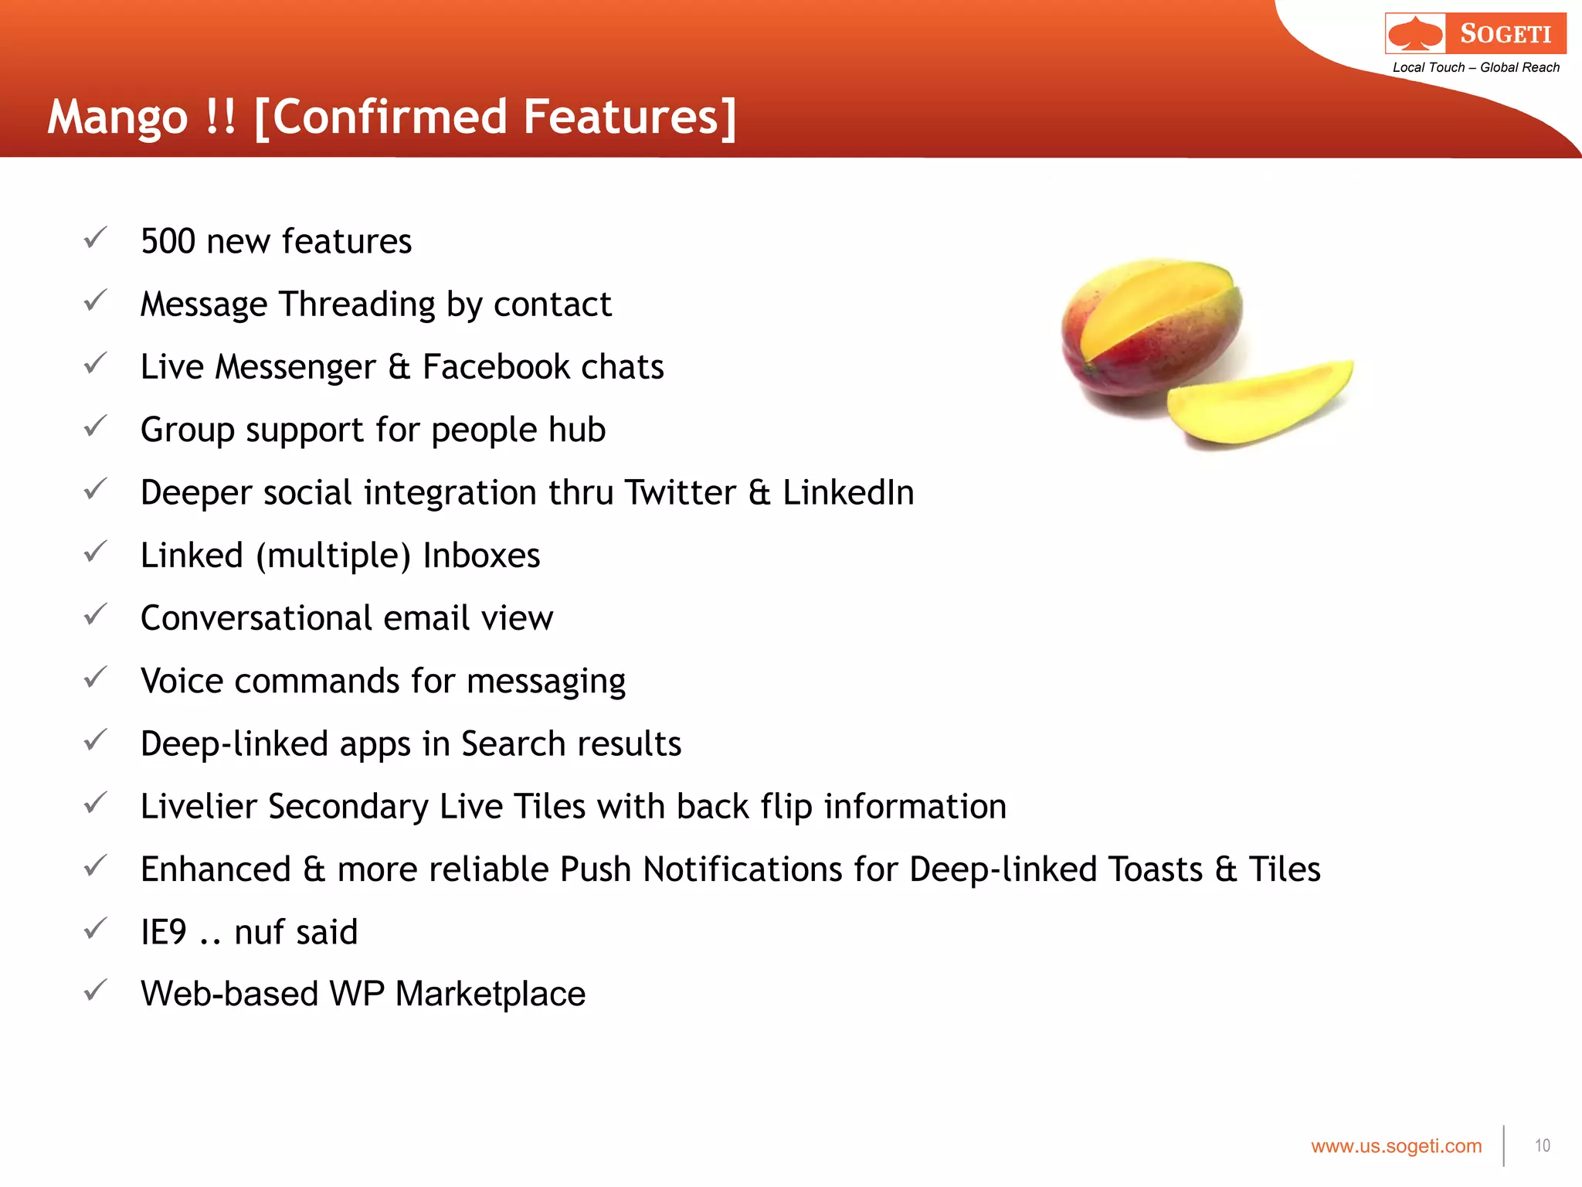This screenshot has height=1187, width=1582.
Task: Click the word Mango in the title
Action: [117, 117]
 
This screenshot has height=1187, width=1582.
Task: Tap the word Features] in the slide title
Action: [630, 117]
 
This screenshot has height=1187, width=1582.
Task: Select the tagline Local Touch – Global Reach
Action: [1475, 67]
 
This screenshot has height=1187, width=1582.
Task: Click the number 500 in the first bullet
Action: [168, 241]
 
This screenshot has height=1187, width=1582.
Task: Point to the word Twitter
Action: [681, 492]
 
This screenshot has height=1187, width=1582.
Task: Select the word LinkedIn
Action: [848, 492]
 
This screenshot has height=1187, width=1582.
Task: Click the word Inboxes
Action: [481, 556]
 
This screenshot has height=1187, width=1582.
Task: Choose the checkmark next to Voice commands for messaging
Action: [95, 678]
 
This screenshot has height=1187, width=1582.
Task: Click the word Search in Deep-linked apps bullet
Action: [513, 743]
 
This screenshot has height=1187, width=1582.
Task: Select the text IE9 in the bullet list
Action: [164, 932]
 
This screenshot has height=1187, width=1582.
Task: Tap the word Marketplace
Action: [491, 994]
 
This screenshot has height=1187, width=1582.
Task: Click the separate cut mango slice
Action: [1259, 402]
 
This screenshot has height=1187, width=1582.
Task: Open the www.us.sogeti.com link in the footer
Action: [1396, 1146]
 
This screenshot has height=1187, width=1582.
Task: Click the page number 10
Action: [1542, 1145]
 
